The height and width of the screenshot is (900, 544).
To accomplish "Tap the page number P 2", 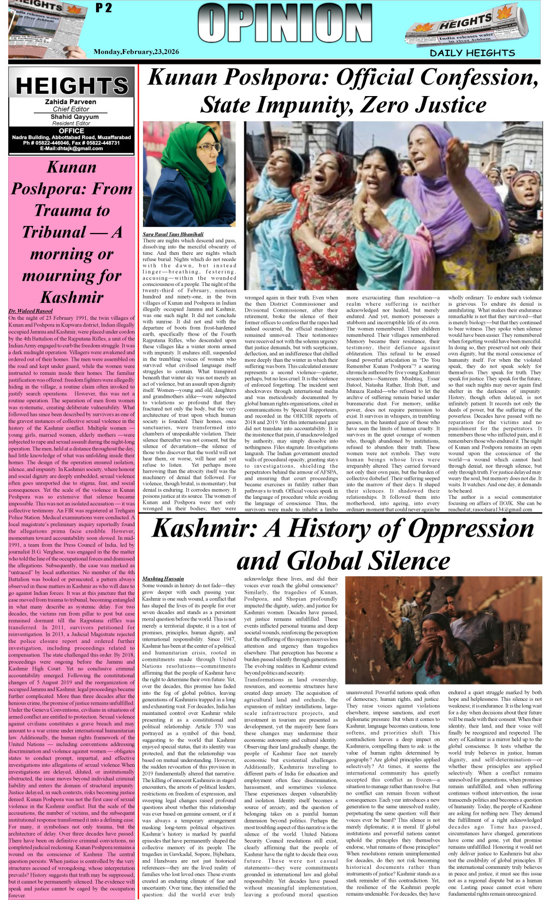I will (103, 8).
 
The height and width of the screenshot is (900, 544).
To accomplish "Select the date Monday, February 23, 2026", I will (136, 51).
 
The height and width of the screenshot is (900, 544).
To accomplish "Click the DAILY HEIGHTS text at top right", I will (472, 53).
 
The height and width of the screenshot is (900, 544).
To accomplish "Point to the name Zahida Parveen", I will (70, 102).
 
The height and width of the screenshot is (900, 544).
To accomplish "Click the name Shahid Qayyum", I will (70, 117).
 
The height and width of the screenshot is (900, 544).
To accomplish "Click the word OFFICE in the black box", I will (71, 131).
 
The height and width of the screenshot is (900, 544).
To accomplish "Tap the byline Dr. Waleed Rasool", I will (31, 311).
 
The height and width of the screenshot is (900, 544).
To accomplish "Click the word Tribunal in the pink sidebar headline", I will (54, 232).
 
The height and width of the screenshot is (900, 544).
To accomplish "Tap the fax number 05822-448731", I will (102, 143).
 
